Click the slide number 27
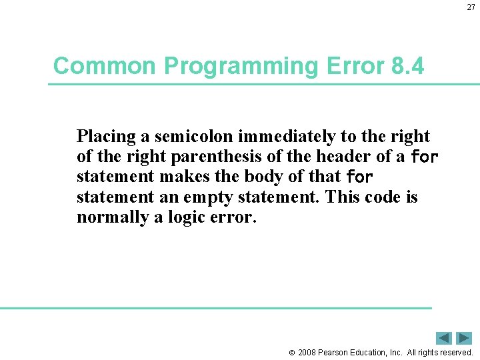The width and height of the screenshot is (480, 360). click(471, 7)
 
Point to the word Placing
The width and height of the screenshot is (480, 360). click(107, 137)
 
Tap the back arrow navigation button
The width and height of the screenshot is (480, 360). click(443, 338)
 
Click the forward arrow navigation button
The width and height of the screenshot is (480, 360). click(464, 338)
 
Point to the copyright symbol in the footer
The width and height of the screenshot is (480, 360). click(291, 353)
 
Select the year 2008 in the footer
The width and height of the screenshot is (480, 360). click(307, 352)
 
